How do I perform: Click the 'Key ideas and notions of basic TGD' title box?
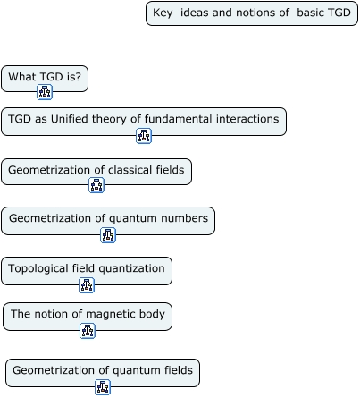[252, 13]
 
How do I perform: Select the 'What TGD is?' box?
[45, 79]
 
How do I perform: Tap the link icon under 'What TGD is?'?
[45, 92]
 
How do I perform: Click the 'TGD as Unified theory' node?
[144, 122]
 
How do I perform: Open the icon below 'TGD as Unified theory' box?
[144, 136]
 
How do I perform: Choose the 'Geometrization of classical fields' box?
[96, 172]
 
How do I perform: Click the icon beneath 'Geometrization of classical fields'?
[96, 185]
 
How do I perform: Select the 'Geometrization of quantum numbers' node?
[108, 221]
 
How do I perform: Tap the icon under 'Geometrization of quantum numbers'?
[108, 235]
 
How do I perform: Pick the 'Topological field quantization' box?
[87, 271]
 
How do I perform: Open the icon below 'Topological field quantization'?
[87, 285]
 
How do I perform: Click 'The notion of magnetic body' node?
[88, 317]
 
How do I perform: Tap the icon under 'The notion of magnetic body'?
[88, 331]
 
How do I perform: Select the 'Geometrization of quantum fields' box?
[103, 373]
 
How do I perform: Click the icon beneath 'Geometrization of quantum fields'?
[103, 387]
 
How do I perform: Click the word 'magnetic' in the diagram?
[104, 314]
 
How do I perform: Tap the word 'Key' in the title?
[163, 13]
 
